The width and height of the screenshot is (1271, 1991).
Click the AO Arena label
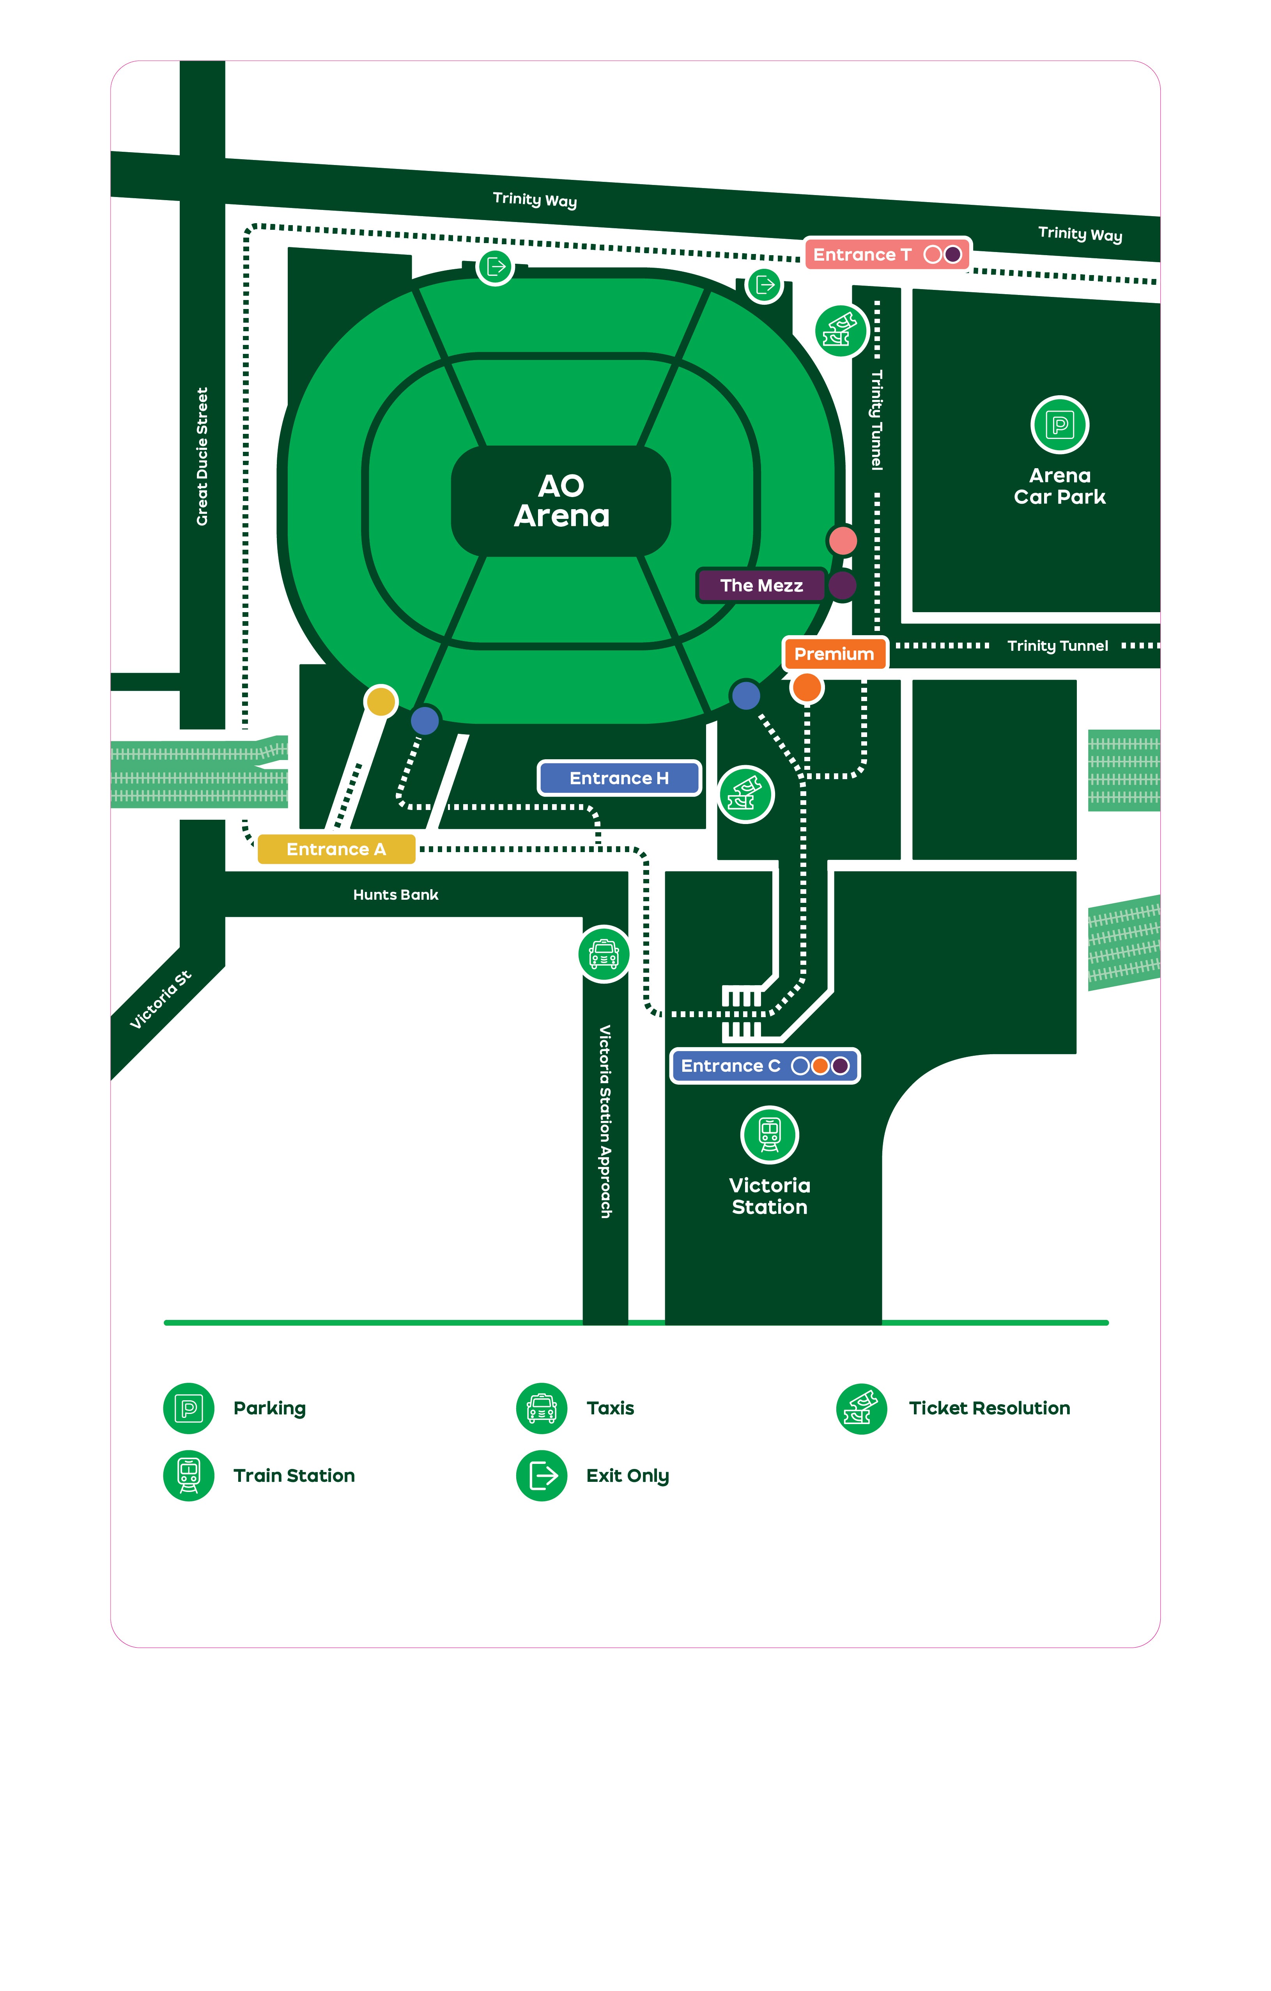(561, 501)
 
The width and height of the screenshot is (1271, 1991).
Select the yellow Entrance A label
(336, 849)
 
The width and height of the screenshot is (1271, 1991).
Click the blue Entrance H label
(619, 778)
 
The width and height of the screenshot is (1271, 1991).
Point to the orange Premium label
(834, 654)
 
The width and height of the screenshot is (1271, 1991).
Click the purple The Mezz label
(761, 585)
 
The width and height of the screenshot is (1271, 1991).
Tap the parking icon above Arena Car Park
(1059, 425)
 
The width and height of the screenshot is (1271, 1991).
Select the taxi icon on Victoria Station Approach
(604, 954)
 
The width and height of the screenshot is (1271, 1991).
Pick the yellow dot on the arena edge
(381, 701)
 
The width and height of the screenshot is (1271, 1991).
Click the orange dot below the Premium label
(807, 687)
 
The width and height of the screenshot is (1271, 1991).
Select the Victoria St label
(160, 1000)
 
